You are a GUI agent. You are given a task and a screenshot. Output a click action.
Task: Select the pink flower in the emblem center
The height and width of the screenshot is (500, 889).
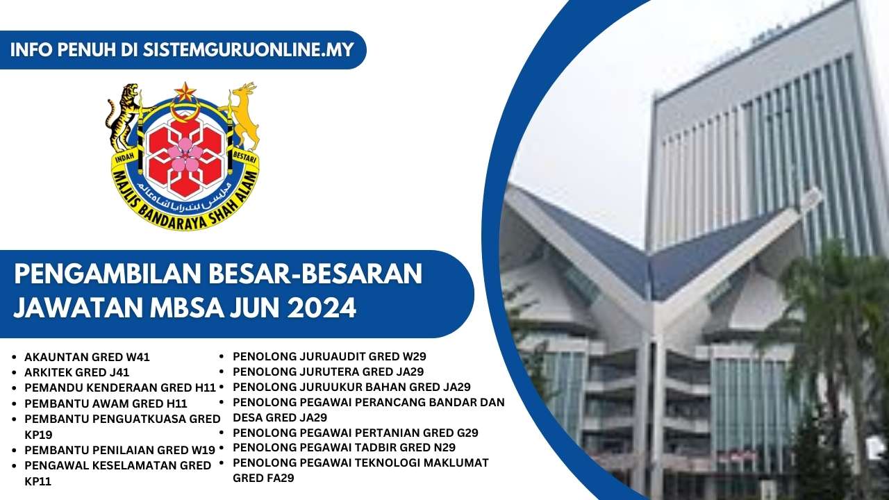point(185,154)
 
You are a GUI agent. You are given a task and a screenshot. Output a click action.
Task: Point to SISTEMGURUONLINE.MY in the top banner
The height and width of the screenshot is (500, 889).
point(248,50)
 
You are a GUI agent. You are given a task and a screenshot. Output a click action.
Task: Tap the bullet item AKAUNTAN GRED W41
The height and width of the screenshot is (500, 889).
point(87,358)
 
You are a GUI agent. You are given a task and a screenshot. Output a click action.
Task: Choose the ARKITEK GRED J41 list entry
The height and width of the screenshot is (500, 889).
point(76,372)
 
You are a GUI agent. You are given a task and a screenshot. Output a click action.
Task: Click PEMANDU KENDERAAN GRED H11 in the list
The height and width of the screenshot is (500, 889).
point(120,387)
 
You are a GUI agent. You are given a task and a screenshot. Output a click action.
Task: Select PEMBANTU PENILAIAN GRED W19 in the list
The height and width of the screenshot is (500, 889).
point(119,449)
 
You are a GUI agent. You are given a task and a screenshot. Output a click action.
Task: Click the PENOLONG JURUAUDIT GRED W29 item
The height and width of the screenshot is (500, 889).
point(329,357)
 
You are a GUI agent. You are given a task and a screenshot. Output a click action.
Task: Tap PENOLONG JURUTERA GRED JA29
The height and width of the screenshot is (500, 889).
point(328,372)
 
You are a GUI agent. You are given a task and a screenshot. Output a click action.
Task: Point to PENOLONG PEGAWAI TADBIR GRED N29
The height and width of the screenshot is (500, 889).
point(344,447)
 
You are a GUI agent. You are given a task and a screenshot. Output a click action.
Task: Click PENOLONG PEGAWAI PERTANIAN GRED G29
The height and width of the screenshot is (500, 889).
point(355,433)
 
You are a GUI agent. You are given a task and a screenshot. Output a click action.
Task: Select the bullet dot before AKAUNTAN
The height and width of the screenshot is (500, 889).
point(16,358)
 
